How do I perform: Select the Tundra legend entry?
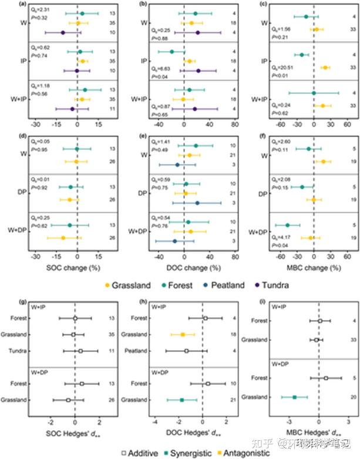point(270,286)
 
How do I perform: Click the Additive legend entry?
point(140,453)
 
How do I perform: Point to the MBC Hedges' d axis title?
point(318,434)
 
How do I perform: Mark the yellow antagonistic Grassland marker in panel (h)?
point(183,334)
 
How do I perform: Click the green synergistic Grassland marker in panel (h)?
point(181,400)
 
